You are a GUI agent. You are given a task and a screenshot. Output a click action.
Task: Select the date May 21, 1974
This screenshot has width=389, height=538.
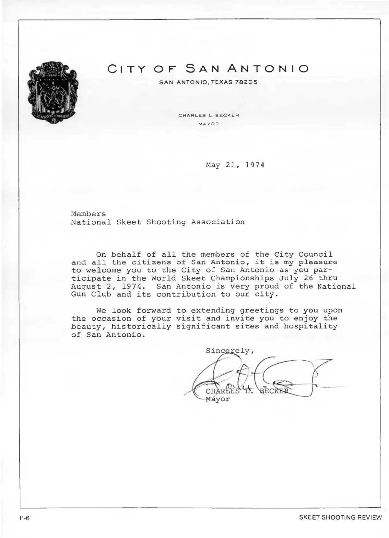coord(235,165)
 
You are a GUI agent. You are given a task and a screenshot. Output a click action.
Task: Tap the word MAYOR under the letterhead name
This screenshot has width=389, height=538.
coord(209,124)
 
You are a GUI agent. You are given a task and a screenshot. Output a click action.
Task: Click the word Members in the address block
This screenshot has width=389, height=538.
coord(88,214)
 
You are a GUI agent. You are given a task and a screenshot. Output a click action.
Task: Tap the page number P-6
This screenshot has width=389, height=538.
coord(24,518)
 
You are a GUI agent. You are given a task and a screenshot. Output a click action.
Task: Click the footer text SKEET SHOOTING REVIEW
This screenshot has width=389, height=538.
coord(340,518)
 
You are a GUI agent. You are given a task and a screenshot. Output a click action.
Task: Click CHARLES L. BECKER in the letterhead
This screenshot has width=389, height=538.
coord(209,116)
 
